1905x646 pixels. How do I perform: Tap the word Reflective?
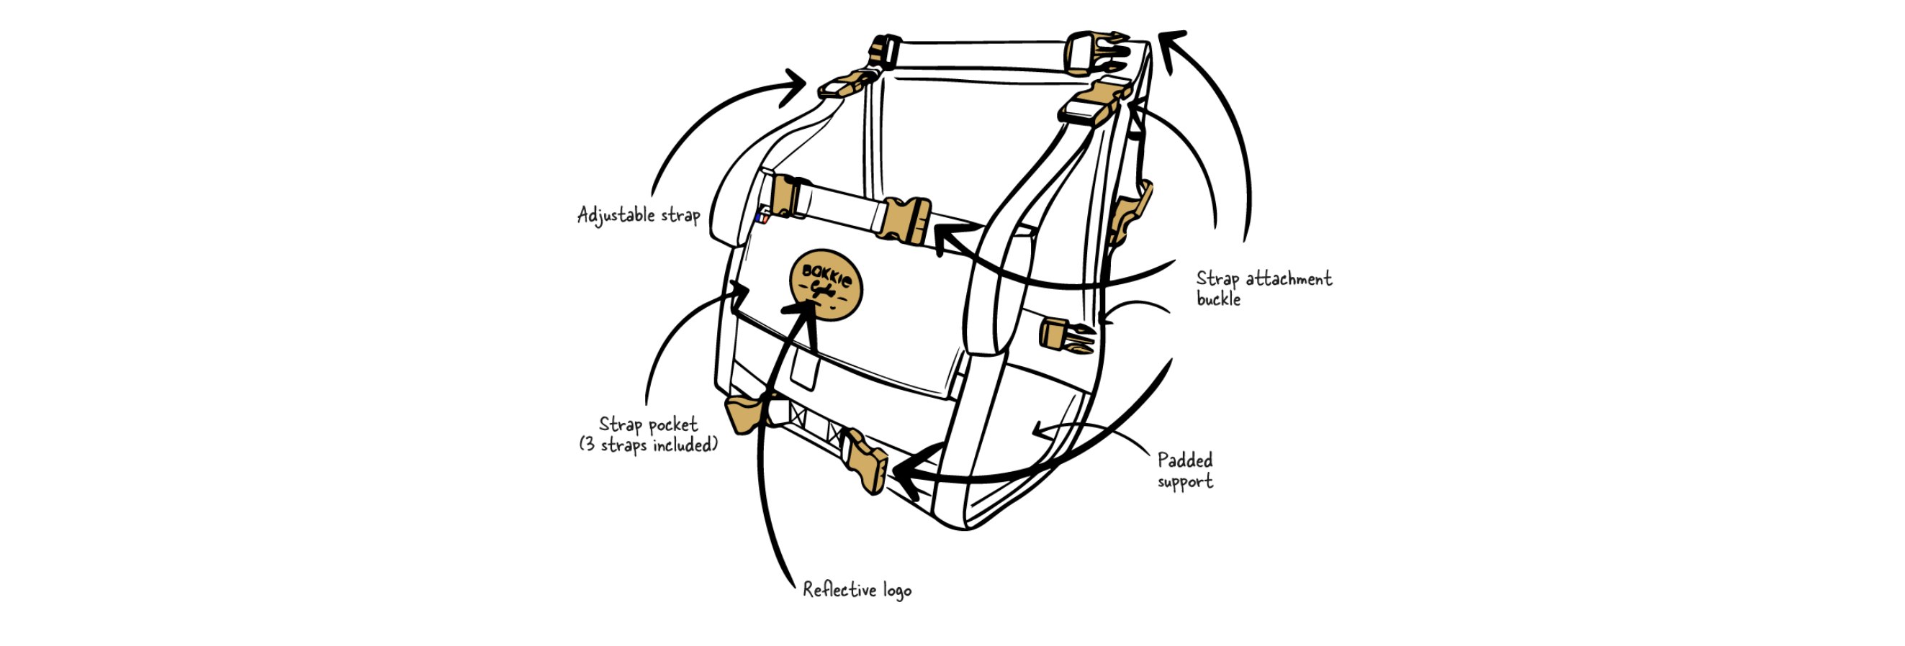click(839, 589)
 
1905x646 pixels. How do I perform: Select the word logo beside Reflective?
click(897, 591)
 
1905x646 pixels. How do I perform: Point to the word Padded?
click(1185, 460)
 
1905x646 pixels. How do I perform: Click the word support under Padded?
click(1185, 482)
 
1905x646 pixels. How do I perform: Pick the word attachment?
click(1289, 278)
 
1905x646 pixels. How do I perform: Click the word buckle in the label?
click(1218, 299)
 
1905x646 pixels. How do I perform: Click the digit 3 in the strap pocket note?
click(589, 445)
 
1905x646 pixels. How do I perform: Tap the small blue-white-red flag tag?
click(763, 217)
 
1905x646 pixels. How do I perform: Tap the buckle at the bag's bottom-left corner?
click(744, 414)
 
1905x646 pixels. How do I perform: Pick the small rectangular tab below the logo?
click(805, 368)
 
